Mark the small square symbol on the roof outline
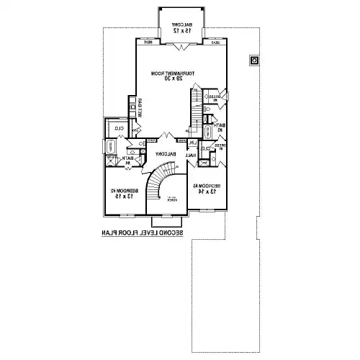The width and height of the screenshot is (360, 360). (255, 60)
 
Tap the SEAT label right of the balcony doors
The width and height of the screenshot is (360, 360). (216, 42)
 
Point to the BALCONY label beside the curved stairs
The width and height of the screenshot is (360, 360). (166, 154)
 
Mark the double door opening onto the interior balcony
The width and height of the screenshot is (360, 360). (167, 136)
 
